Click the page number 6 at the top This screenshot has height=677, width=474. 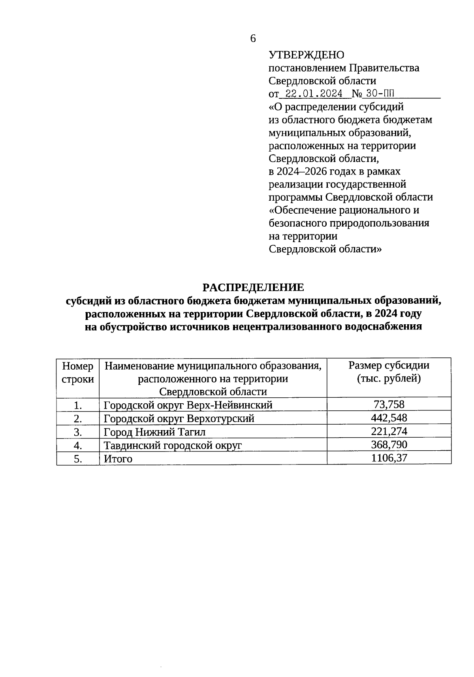coord(253,38)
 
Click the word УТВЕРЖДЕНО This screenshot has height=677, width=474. coord(307,55)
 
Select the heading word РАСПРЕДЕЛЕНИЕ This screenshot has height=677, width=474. coord(253,287)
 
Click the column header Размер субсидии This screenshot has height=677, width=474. coord(389,365)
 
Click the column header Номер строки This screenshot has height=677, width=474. coord(78,372)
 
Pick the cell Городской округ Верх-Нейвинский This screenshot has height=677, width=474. coord(188,405)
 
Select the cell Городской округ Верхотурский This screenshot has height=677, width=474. coord(179,418)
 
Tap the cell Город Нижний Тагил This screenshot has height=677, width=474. coord(154,432)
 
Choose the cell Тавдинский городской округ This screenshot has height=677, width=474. coord(172,445)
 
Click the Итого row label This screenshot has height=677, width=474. coord(118,459)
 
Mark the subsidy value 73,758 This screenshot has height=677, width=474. coord(389,404)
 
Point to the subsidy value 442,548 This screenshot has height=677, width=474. coord(389,417)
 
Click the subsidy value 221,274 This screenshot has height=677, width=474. coord(389,431)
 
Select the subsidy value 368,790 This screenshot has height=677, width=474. coord(389,444)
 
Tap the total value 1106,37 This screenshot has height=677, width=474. coord(389,458)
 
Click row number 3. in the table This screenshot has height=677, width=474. coord(78,432)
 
